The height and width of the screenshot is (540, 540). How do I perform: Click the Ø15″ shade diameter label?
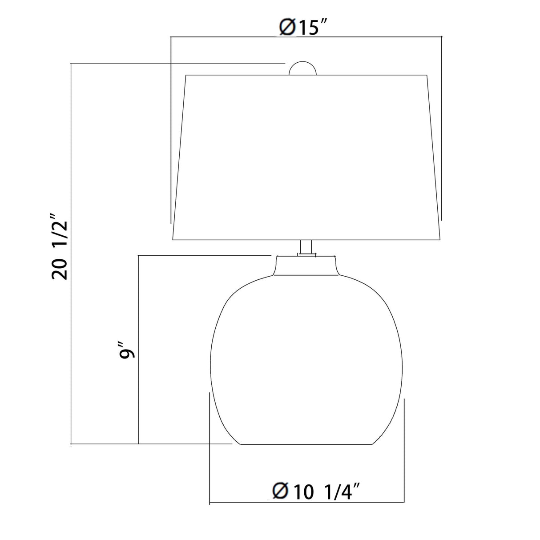(303, 28)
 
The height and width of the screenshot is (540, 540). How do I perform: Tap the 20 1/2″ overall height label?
(60, 247)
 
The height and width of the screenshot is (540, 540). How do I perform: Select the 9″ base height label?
(127, 350)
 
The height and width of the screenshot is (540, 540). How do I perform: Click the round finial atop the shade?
(302, 68)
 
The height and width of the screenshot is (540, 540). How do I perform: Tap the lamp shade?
(306, 157)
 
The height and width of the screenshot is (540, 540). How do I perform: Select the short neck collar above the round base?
(306, 265)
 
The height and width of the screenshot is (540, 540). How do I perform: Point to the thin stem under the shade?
(306, 247)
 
